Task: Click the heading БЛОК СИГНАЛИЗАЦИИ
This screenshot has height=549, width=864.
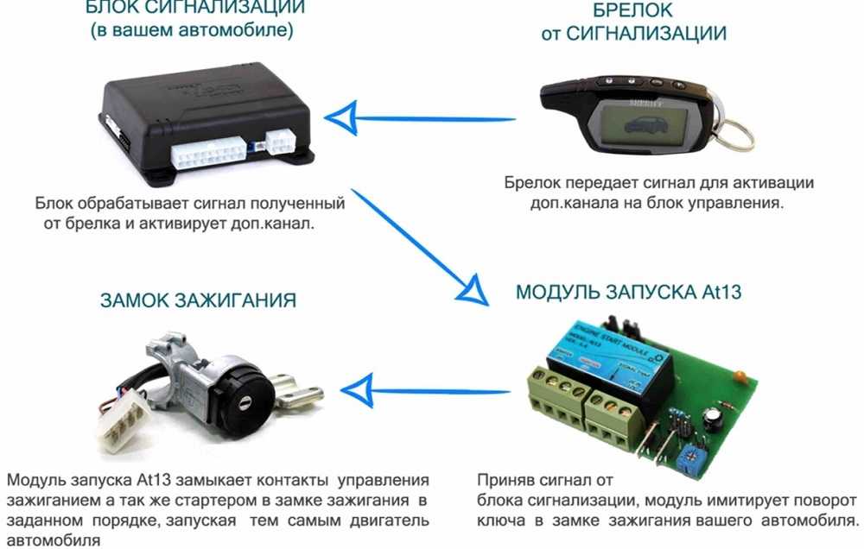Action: [195, 7]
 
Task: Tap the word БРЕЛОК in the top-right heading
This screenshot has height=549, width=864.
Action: [632, 9]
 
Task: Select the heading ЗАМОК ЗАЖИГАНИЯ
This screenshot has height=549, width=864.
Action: [199, 300]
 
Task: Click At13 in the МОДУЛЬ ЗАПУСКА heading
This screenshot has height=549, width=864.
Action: [721, 291]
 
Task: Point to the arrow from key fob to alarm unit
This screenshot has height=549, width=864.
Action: [420, 118]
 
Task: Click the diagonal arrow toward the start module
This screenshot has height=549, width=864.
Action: [420, 247]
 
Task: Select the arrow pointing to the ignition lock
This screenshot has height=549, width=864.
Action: [425, 391]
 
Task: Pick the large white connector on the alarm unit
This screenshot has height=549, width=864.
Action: [208, 153]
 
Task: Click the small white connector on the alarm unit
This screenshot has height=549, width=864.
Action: [281, 142]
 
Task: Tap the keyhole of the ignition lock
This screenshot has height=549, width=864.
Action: [243, 404]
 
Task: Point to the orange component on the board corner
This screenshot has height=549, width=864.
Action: [740, 376]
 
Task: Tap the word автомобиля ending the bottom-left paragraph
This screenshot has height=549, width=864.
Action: [54, 540]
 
